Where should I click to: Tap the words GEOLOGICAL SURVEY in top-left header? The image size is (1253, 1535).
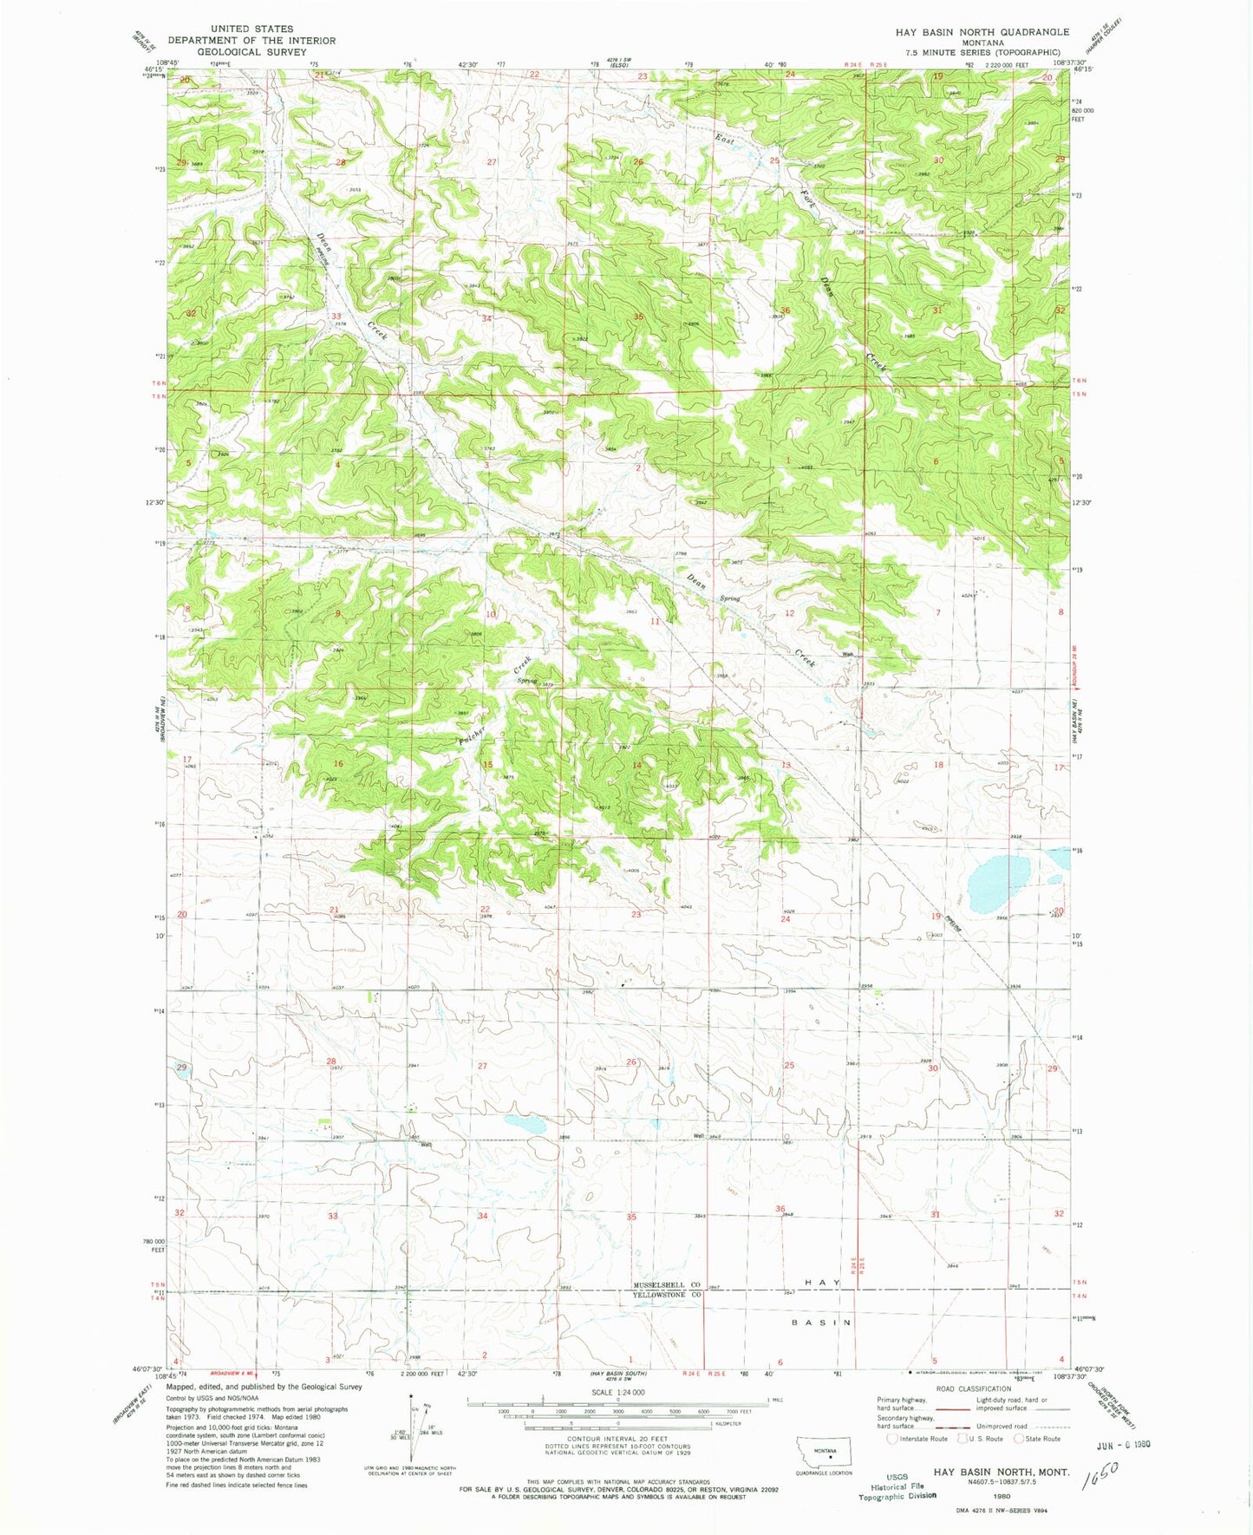(251, 52)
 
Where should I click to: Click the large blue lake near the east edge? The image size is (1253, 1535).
(999, 884)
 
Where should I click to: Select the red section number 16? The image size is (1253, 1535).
(338, 764)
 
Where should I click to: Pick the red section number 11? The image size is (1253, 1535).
(656, 622)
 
